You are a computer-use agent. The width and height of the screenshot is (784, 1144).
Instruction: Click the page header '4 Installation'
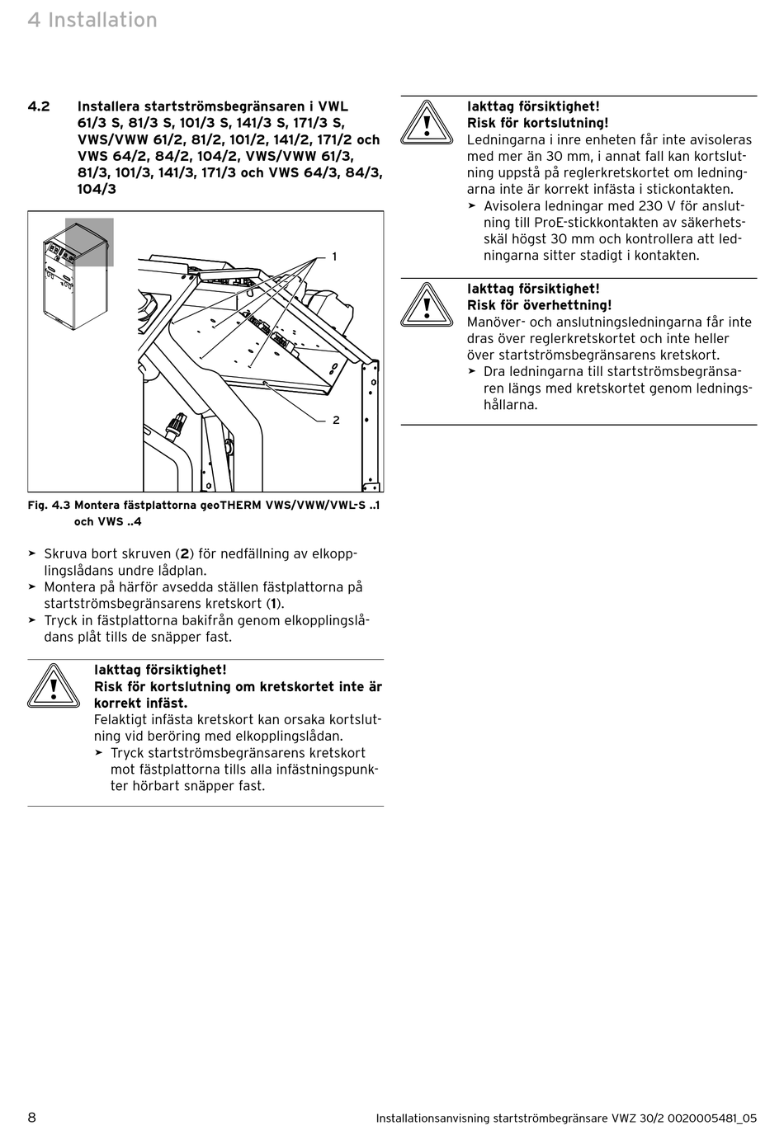point(92,20)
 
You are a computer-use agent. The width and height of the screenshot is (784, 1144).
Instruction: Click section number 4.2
point(39,106)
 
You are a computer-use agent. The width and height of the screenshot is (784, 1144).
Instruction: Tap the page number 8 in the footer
point(32,1118)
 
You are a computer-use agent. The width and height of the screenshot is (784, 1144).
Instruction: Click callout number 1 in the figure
point(334,257)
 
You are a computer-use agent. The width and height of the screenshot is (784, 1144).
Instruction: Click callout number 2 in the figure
point(336,420)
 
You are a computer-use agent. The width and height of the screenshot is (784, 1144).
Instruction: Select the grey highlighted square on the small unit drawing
point(89,242)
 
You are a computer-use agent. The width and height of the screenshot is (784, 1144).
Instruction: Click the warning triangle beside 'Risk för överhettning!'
point(427,305)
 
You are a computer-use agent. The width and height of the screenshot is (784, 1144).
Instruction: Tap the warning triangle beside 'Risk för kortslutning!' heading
point(427,123)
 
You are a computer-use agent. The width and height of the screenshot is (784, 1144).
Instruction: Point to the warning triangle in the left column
point(54,686)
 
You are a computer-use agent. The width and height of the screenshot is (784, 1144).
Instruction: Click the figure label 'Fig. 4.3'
point(49,506)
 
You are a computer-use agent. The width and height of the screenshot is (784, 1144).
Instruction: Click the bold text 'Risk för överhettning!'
point(539,305)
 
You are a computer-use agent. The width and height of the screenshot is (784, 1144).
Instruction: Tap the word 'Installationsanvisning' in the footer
point(432,1118)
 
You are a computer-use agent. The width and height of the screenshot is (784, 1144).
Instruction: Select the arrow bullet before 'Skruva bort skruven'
point(32,553)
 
